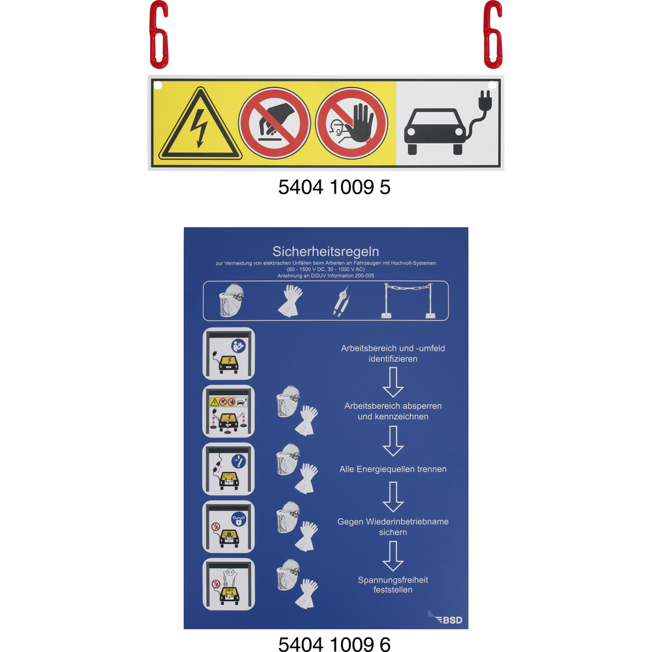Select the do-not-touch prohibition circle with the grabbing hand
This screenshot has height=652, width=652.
click(274, 123)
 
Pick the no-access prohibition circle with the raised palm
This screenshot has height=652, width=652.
click(351, 123)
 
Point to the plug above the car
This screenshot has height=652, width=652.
click(485, 100)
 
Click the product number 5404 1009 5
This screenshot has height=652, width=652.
click(334, 187)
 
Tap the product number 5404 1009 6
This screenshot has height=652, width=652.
click(334, 644)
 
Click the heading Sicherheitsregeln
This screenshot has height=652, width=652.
click(325, 251)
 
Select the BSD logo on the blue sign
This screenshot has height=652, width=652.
click(445, 618)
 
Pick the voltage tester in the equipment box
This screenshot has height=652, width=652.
click(342, 303)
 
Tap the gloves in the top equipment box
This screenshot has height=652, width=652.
click(290, 301)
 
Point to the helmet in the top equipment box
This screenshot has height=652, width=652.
click(231, 300)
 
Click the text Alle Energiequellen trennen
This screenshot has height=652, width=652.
click(393, 469)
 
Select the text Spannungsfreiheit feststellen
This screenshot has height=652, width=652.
click(393, 585)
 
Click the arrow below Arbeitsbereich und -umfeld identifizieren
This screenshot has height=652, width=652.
click(393, 382)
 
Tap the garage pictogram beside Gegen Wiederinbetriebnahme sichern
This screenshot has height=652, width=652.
click(228, 526)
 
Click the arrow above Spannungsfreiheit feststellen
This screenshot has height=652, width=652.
click(393, 556)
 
